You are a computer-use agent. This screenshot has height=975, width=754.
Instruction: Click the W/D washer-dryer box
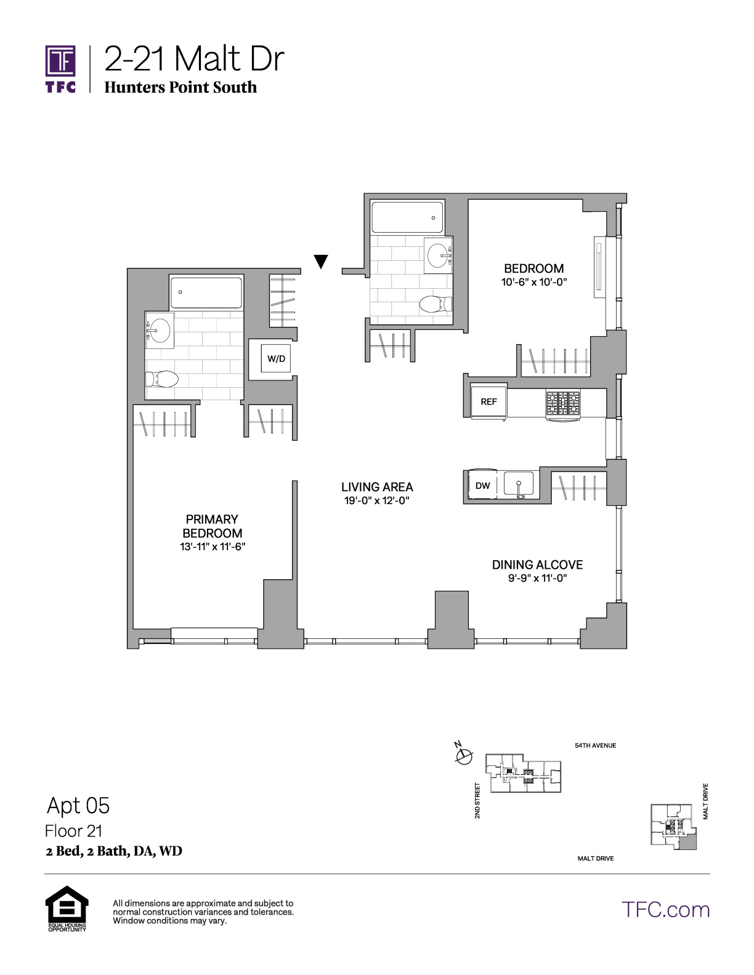coord(276,358)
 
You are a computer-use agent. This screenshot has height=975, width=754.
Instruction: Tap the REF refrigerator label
coord(488,401)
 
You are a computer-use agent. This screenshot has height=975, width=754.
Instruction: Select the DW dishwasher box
coord(483,485)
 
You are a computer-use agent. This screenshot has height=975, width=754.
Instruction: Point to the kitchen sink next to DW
coord(519,484)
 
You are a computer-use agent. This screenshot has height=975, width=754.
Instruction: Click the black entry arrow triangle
coord(321,262)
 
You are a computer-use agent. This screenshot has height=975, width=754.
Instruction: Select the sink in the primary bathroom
coord(159,330)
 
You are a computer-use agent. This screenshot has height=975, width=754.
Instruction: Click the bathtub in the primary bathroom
coord(206,292)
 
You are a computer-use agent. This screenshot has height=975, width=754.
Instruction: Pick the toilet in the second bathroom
coord(436,304)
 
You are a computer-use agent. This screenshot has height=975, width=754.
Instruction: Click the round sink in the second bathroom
coord(438,255)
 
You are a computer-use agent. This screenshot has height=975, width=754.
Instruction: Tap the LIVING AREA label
coord(377,487)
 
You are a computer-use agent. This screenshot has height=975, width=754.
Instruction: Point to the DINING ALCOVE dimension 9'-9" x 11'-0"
coord(538,579)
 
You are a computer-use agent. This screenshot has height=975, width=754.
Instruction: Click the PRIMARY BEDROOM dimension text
coord(213,547)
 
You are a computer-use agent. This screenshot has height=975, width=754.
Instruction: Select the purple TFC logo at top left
coord(60,69)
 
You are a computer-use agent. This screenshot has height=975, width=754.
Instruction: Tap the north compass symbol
coord(464,757)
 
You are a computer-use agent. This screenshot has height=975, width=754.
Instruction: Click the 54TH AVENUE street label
coord(596,746)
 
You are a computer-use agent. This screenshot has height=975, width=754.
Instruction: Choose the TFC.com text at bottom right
coord(666,910)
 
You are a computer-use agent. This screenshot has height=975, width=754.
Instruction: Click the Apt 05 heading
coord(78,805)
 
